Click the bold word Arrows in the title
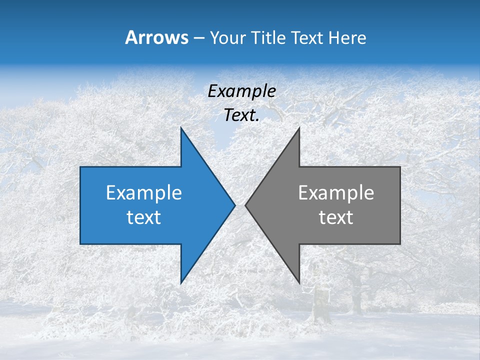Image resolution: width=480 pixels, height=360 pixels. click(157, 37)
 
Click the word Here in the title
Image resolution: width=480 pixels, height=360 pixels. click(347, 37)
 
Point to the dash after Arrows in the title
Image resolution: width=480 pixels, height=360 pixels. click(198, 38)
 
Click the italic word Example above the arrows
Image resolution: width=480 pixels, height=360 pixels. click(241, 91)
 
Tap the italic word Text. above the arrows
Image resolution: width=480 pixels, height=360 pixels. click(241, 115)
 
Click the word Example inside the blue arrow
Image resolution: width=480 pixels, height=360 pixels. click(144, 192)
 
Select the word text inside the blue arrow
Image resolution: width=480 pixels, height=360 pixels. click(144, 217)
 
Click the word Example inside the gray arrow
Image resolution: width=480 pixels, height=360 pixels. click(336, 192)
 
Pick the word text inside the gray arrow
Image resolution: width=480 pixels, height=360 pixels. click(336, 217)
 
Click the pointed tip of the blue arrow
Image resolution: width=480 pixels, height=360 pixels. click(234, 205)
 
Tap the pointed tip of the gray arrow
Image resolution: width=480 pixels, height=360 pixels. click(246, 205)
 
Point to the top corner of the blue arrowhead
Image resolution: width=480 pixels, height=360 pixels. click(181, 128)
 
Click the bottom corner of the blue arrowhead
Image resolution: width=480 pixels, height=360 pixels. click(181, 283)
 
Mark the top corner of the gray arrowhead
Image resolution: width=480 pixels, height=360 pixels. click(299, 128)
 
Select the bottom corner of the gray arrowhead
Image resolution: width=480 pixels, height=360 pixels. click(299, 283)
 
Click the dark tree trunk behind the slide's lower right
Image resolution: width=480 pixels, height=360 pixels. click(356, 295)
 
